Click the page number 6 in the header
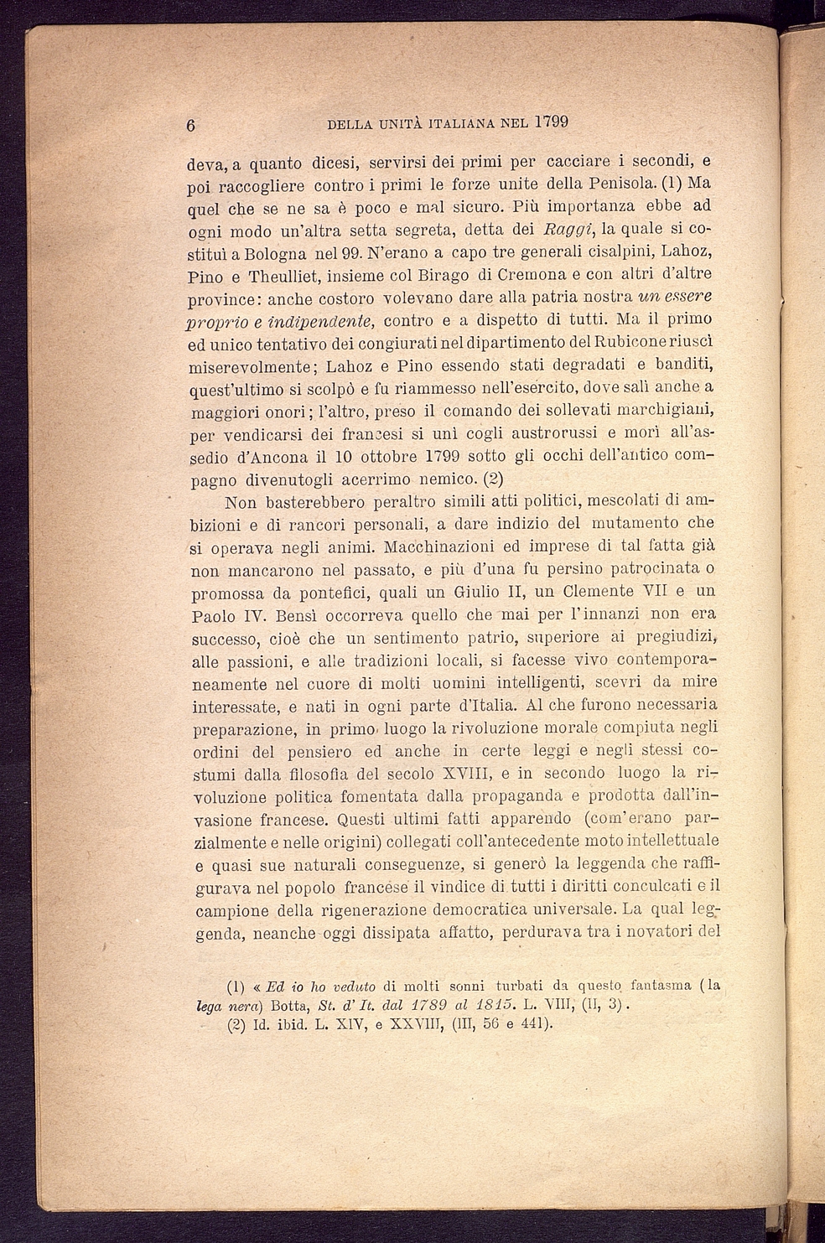coord(191,125)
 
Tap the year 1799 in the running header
coord(551,122)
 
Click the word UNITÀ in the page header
coord(396,124)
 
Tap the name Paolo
coord(215,616)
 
